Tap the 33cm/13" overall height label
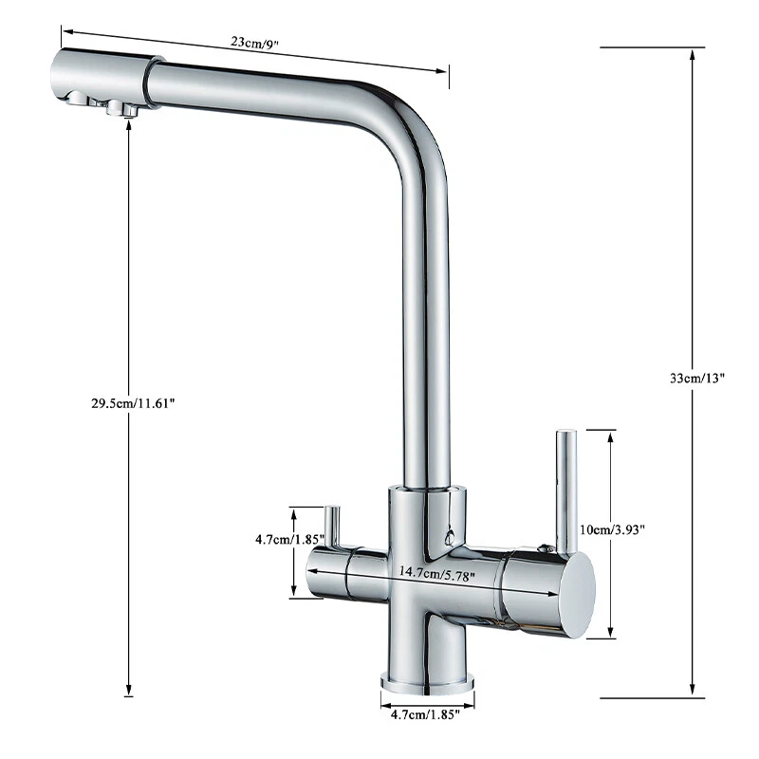(x=696, y=378)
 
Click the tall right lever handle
(x=565, y=489)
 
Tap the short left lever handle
(x=332, y=525)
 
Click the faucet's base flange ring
(x=427, y=680)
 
